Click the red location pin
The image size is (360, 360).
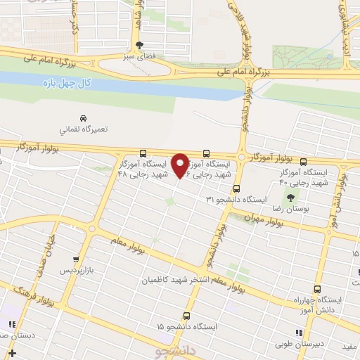(x=181, y=165)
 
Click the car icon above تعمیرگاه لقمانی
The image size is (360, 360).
(x=84, y=118)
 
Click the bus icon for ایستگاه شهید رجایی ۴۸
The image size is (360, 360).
(x=143, y=153)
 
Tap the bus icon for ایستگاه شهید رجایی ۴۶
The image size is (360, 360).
(x=206, y=153)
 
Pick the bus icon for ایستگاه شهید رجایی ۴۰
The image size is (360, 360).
(x=303, y=161)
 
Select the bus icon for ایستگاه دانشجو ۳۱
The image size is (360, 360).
(x=237, y=188)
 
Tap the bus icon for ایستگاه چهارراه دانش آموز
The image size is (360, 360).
(x=317, y=288)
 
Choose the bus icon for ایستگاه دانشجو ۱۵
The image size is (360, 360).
(x=186, y=316)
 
